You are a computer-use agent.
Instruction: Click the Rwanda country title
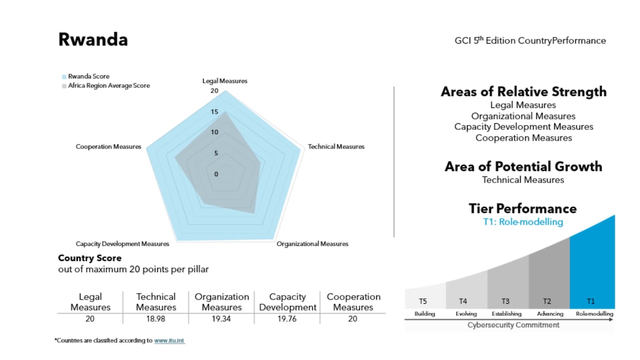[x=93, y=40]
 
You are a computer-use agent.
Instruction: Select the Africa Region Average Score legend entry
[x=108, y=86]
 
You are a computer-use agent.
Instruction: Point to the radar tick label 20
[x=214, y=91]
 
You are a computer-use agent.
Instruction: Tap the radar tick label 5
[x=216, y=154]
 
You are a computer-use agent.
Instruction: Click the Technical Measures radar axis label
[x=336, y=147]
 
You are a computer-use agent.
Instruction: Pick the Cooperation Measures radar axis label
[x=108, y=147]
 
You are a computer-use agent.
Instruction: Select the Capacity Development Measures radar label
[x=123, y=244]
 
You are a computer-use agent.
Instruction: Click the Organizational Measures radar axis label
[x=313, y=244]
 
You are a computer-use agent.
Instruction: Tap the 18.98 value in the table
[x=156, y=319]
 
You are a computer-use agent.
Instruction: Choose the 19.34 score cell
[x=222, y=319]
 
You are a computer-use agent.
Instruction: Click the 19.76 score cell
[x=287, y=319]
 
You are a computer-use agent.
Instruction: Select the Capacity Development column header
[x=287, y=302]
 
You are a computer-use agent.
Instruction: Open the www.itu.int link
[x=169, y=341]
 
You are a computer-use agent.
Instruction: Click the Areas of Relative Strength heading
[x=524, y=92]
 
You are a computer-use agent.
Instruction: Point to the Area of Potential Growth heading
[x=524, y=167]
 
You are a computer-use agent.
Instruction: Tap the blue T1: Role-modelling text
[x=523, y=222]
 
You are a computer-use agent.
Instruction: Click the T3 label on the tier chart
[x=505, y=302]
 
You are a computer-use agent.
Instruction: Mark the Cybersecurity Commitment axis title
[x=514, y=325]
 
